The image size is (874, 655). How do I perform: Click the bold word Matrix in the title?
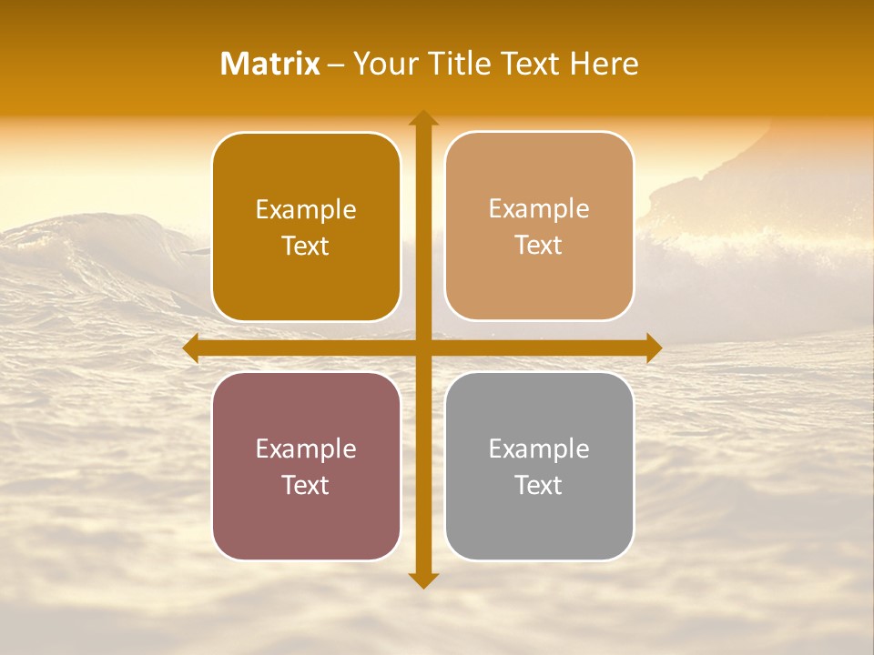coord(270,64)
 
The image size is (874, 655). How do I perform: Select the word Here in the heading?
coord(604,64)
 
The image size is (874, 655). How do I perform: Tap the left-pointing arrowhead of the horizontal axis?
coord(190,348)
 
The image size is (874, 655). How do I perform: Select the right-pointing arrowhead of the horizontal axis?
coord(654,348)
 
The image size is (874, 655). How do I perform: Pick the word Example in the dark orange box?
coord(306,210)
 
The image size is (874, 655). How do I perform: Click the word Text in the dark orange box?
coord(306,246)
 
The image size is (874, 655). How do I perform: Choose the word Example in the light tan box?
coord(539,209)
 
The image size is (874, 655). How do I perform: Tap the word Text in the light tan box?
coord(539,245)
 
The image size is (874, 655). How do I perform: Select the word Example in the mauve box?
coord(306,449)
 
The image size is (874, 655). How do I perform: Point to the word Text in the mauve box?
coord(306,485)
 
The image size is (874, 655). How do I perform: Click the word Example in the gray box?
coord(539,449)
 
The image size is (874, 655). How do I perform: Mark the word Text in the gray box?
coord(539,485)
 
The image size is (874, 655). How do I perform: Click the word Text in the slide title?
coord(530,64)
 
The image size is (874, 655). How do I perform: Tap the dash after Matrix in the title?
coord(336,65)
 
